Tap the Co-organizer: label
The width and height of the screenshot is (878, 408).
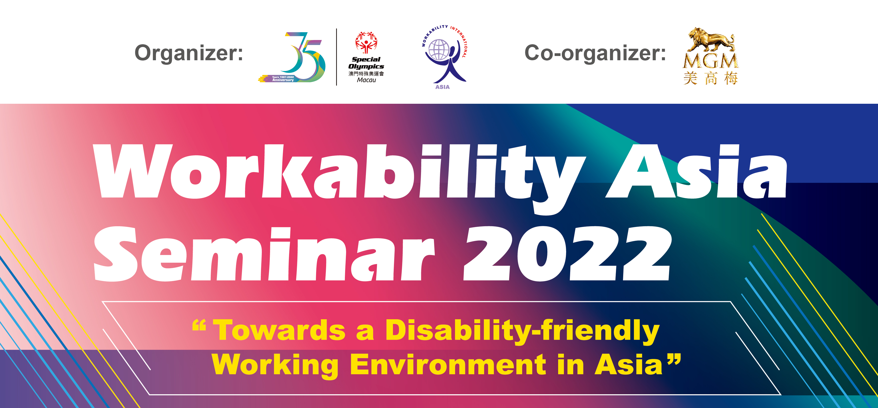coord(595,53)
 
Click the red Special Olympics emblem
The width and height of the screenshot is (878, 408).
coord(366,42)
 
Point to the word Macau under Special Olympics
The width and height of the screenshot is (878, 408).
coord(366,80)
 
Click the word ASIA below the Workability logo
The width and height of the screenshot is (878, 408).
coord(443,87)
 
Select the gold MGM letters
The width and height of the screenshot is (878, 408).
coord(711,61)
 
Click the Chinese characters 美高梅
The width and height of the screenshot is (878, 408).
coord(711,78)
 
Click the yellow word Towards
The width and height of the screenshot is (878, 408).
coord(280,330)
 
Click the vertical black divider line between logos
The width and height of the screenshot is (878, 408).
coord(337,57)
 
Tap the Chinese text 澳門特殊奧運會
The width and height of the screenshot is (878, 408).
coord(366,73)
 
